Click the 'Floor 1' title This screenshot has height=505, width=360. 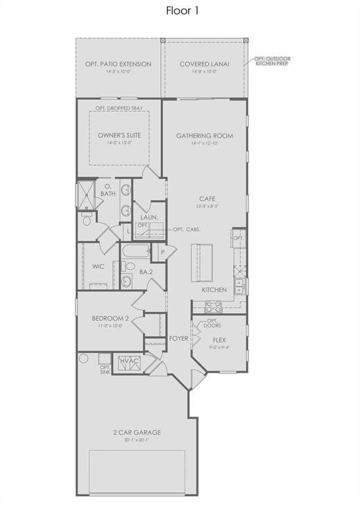point(180,11)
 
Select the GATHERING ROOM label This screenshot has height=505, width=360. point(204,136)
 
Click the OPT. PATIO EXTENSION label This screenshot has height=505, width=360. point(118,64)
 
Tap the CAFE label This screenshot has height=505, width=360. point(208,198)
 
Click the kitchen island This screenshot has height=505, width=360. point(203,260)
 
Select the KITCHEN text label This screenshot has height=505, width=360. point(214,290)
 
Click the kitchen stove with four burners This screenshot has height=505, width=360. point(214,306)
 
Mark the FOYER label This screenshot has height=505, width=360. point(179,339)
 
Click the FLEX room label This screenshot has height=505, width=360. point(219,340)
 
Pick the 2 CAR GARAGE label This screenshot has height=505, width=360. point(137,432)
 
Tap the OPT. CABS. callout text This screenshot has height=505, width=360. point(187,229)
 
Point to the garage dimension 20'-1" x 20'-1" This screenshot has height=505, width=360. point(137,440)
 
